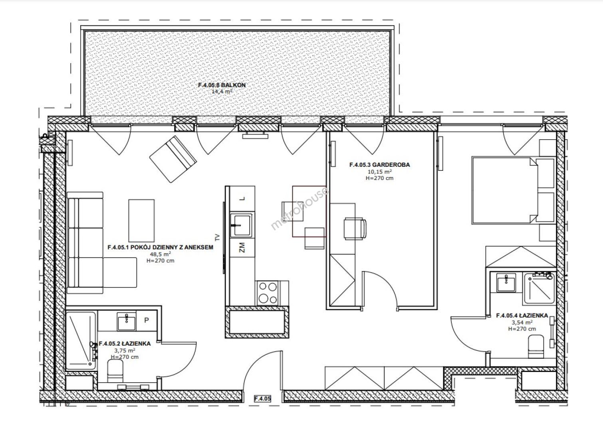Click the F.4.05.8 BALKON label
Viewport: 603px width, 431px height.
(x=222, y=85)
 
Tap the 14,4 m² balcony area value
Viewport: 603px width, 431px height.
(x=222, y=91)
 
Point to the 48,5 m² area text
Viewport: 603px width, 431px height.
(x=161, y=254)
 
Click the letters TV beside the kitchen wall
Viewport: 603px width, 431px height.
(x=217, y=237)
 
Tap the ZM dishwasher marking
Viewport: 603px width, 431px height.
(x=242, y=247)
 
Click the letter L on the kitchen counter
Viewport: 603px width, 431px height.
(x=243, y=199)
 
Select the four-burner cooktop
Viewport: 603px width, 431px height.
(x=268, y=293)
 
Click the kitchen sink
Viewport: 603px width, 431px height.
(x=241, y=225)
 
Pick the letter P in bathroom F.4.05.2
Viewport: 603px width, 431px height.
(x=147, y=320)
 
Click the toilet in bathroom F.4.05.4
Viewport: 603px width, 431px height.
(x=536, y=346)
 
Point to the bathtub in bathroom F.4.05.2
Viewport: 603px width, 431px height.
(x=81, y=341)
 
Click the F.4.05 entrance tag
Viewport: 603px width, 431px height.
(x=262, y=398)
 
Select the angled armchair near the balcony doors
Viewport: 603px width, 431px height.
(x=173, y=159)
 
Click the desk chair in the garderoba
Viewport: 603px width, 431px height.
(x=355, y=228)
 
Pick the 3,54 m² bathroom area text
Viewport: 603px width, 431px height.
(x=522, y=322)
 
